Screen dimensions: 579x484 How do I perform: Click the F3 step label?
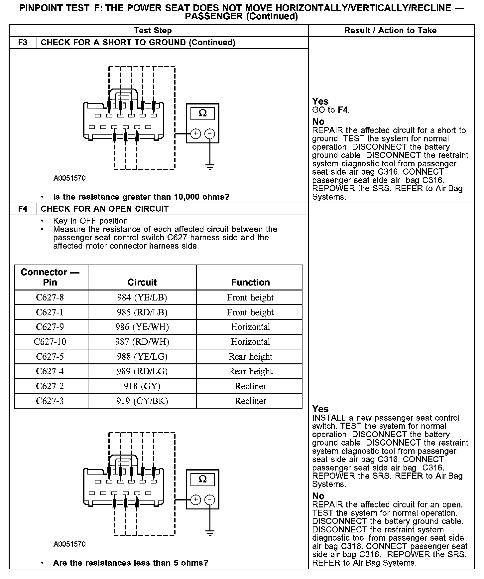23,43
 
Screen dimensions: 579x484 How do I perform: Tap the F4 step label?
23,209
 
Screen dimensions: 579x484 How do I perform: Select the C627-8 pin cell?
50,297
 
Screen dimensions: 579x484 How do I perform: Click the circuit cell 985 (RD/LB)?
142,312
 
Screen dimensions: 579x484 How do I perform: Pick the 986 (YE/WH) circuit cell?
142,327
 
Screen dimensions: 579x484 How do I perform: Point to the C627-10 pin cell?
50,342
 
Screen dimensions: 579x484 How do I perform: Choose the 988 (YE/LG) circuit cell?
142,357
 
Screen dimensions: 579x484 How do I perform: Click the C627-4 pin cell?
50,371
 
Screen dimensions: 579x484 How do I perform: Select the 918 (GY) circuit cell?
142,386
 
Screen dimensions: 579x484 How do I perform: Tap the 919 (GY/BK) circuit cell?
142,401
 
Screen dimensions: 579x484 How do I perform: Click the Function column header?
250,283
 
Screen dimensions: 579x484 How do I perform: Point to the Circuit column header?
142,283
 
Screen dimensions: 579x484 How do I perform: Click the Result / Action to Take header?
390,31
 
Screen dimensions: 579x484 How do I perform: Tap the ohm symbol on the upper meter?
202,114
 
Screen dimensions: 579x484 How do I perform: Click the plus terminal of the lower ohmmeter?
196,499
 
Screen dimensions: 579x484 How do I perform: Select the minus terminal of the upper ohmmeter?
209,134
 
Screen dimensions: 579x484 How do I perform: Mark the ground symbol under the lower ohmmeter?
210,533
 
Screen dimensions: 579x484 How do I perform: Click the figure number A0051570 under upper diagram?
69,178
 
